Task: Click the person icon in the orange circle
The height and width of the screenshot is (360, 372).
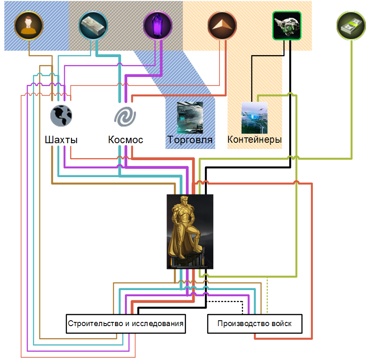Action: point(29,25)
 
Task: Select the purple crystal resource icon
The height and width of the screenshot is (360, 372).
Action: point(157,25)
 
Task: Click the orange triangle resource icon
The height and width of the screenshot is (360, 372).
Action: point(222,25)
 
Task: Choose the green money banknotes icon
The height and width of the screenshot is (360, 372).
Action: point(351,25)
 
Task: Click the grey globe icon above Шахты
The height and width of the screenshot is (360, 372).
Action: point(61,115)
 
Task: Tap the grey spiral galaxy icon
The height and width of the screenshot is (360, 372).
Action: point(125,116)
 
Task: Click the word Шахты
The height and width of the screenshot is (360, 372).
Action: point(61,139)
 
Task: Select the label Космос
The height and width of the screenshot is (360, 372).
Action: point(126,139)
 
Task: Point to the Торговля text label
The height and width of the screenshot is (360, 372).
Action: point(190,139)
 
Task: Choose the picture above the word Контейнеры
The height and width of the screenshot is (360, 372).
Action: point(254,118)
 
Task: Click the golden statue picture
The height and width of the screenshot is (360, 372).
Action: point(190,231)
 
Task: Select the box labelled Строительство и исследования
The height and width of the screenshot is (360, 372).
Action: point(126,324)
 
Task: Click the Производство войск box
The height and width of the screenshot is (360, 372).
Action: point(255,324)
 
